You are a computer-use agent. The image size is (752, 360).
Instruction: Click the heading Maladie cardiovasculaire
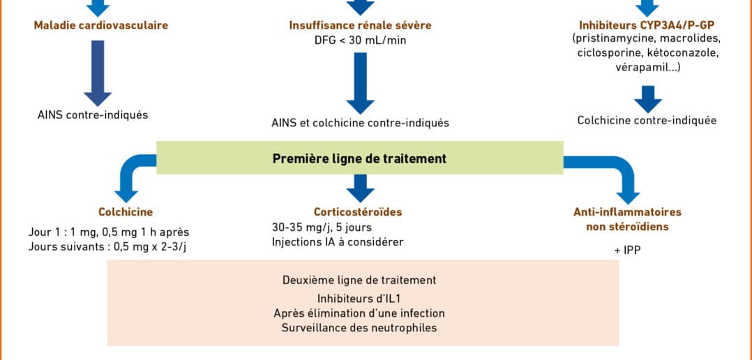101,25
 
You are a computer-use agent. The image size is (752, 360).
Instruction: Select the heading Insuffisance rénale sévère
360,25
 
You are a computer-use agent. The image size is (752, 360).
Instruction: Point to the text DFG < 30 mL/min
360,40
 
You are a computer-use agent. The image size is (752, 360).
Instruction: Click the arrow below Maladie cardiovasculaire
98,73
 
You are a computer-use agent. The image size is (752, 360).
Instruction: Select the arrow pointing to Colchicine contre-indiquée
647,99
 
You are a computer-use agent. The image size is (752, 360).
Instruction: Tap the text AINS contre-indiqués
93,115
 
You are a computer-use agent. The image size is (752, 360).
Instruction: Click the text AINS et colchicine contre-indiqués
360,123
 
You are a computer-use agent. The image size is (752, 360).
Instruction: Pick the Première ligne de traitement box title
360,158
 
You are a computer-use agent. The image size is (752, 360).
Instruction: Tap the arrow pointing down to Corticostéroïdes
360,188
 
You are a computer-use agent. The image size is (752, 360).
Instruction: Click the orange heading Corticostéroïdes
359,212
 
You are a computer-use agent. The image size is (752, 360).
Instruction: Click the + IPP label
627,250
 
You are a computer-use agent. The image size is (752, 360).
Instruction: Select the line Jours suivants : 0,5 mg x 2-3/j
107,247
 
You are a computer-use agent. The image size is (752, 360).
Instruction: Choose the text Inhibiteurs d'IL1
359,298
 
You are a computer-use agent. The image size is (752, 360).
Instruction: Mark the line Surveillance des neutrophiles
359,329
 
